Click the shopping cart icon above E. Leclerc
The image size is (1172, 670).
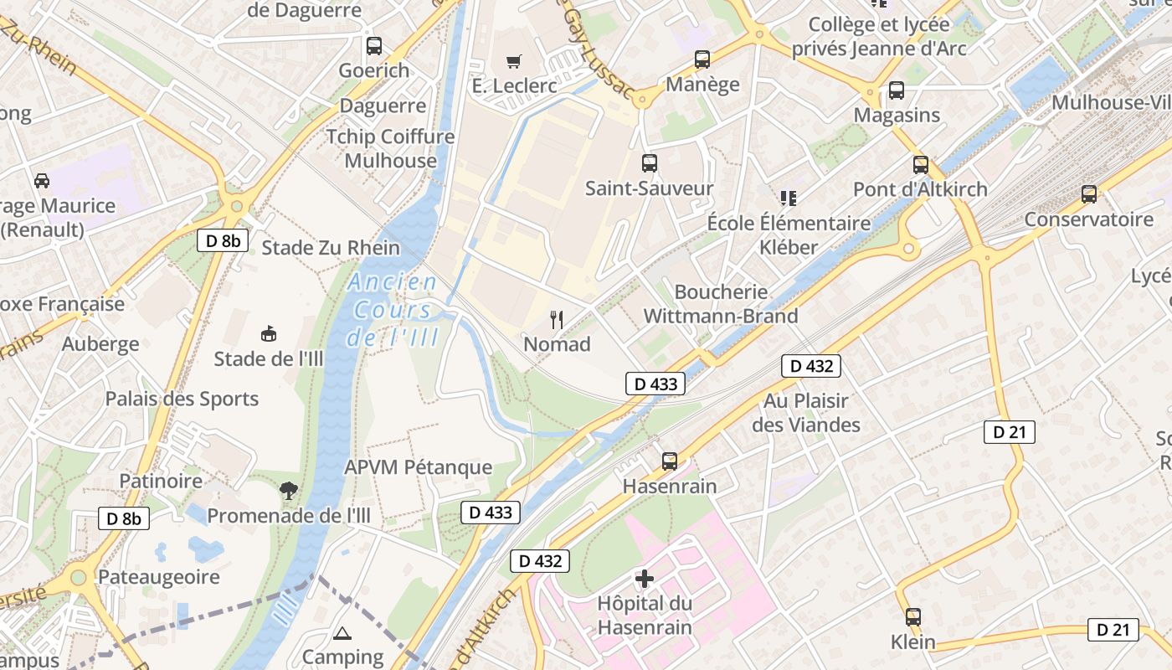point(513,61)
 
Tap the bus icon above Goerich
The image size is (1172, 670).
point(374,46)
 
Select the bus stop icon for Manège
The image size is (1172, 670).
point(702,59)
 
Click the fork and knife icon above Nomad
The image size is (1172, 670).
point(557,319)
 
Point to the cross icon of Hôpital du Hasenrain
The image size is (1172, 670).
point(644,579)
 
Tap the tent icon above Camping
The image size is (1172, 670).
point(342,633)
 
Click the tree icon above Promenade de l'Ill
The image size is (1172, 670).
point(289,491)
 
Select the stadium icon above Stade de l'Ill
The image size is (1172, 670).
point(269,334)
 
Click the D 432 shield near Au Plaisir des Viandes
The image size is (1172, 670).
point(810,366)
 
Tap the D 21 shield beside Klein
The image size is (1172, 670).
point(1113,630)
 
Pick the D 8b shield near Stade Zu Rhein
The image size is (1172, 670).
point(223,241)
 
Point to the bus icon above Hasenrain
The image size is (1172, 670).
point(670,461)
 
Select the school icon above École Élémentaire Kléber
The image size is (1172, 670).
point(788,198)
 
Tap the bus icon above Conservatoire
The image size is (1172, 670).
point(1089,194)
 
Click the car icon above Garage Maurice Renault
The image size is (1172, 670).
point(41,181)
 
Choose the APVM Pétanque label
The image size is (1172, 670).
point(419,467)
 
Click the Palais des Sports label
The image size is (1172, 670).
point(182,399)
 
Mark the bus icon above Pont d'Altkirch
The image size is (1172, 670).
point(921,165)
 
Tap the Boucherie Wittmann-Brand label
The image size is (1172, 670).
point(721,304)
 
